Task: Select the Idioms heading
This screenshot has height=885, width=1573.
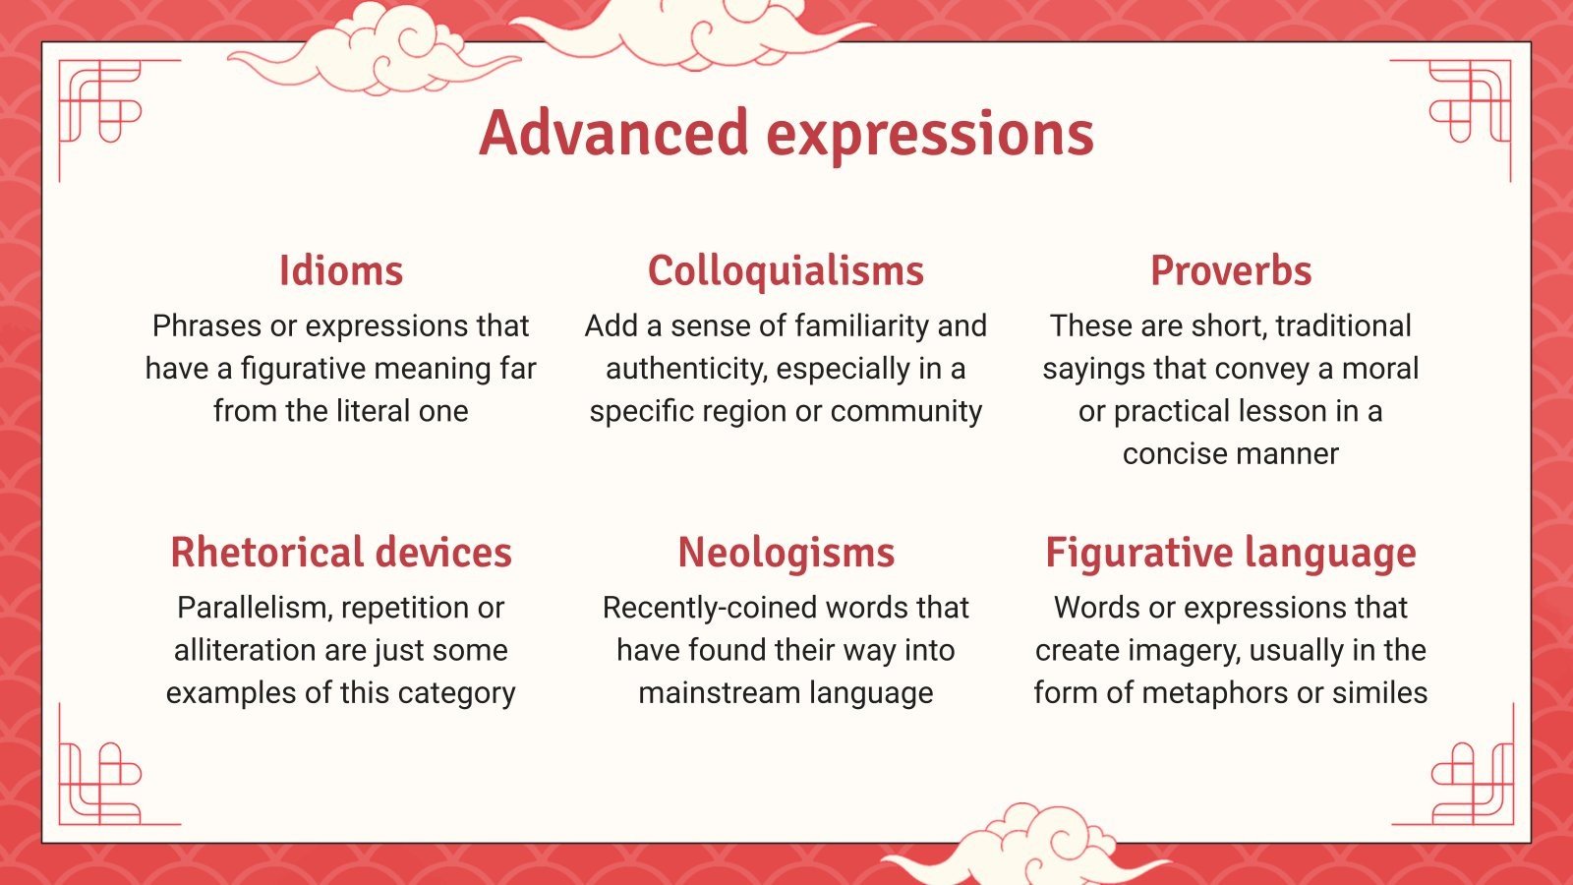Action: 340,270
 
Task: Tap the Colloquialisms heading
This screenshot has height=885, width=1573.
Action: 786,270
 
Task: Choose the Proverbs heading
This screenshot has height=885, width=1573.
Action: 1231,270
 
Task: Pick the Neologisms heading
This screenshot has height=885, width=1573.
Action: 786,553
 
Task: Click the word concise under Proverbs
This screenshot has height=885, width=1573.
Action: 1166,453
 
